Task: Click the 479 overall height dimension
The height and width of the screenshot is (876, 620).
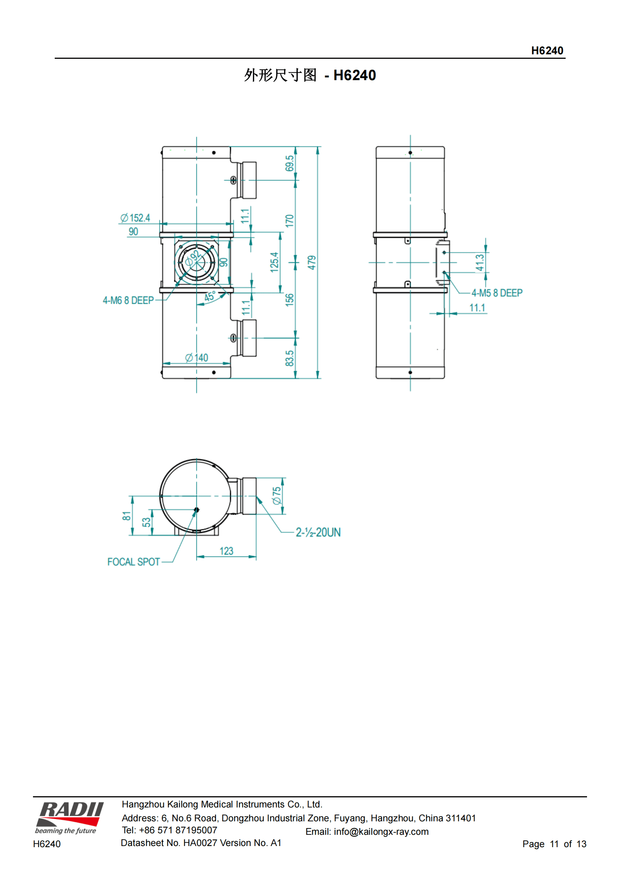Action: click(312, 263)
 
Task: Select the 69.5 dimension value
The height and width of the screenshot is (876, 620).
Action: click(289, 163)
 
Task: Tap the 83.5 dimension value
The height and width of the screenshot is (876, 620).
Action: click(289, 359)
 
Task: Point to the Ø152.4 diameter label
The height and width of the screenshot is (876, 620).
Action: click(135, 218)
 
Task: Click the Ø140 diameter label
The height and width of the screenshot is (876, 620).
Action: click(197, 358)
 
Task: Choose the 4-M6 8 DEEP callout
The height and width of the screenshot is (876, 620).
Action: click(128, 300)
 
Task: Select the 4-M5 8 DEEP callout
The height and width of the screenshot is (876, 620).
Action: click(497, 293)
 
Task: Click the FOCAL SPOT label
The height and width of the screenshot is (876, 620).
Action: click(133, 562)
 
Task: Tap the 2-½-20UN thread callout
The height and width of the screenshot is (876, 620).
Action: click(318, 532)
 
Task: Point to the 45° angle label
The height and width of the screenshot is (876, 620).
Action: click(210, 297)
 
